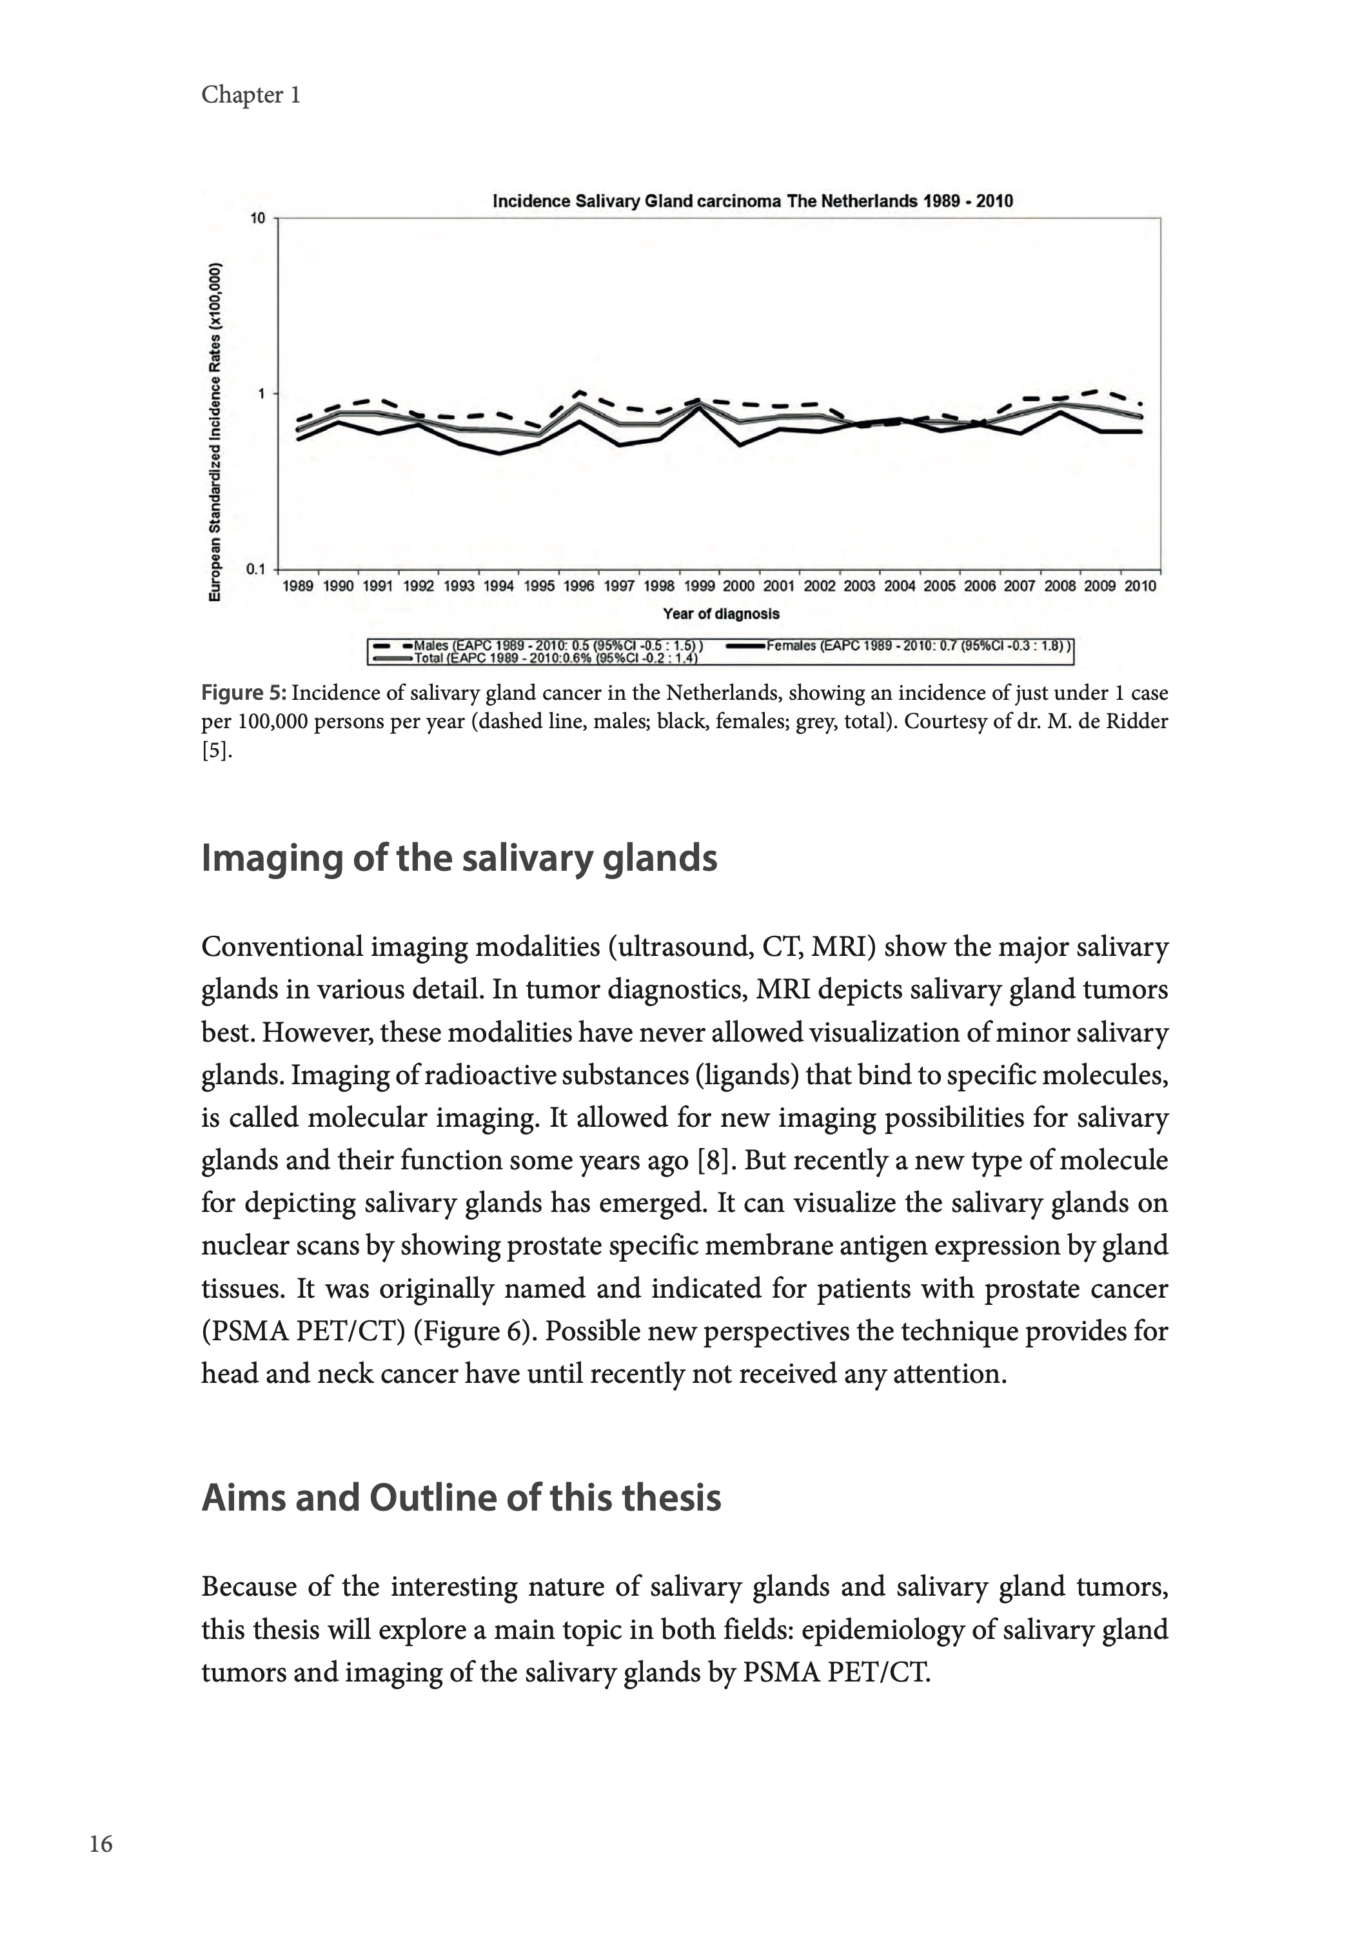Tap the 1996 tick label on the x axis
pos(578,586)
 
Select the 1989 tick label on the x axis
pos(298,586)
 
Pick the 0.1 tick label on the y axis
pos(255,569)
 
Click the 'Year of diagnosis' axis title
pos(721,614)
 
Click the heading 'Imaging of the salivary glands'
pos(459,858)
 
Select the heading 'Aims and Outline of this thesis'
pos(461,1498)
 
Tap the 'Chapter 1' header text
pos(251,95)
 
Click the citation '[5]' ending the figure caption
pos(215,751)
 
